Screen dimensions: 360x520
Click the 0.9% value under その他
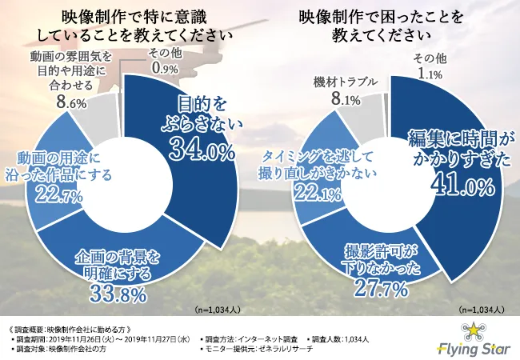(x=162, y=69)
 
